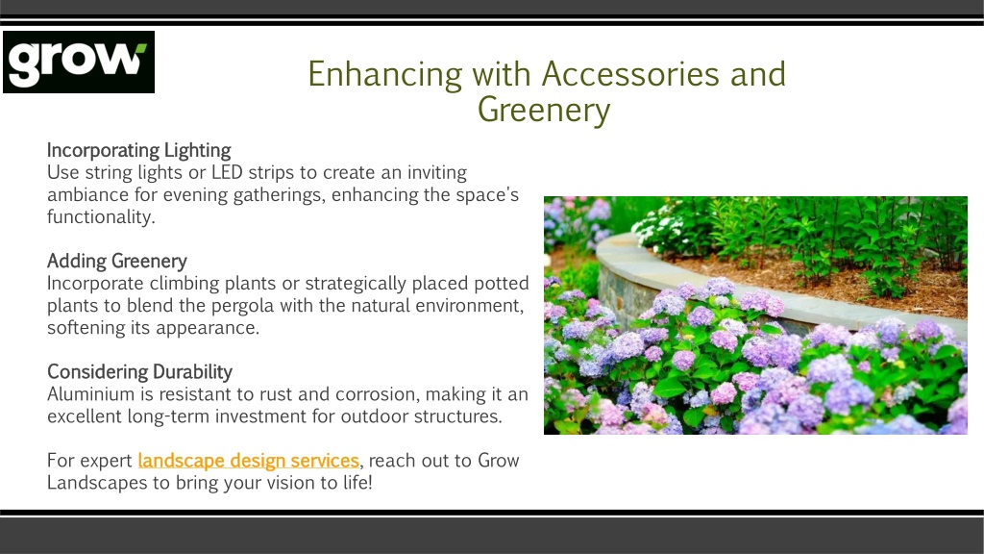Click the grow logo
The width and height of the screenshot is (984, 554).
pyautogui.click(x=79, y=63)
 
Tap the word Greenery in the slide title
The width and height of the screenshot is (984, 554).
pyautogui.click(x=544, y=111)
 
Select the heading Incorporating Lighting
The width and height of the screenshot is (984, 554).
pyautogui.click(x=138, y=151)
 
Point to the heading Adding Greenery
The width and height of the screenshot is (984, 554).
pyautogui.click(x=116, y=262)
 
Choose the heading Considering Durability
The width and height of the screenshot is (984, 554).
pyautogui.click(x=139, y=372)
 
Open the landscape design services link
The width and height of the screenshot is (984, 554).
pyautogui.click(x=249, y=461)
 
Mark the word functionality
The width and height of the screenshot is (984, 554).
pyautogui.click(x=101, y=217)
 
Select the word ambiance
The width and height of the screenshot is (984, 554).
pyautogui.click(x=87, y=194)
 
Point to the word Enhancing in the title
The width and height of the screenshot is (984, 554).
pyautogui.click(x=385, y=75)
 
